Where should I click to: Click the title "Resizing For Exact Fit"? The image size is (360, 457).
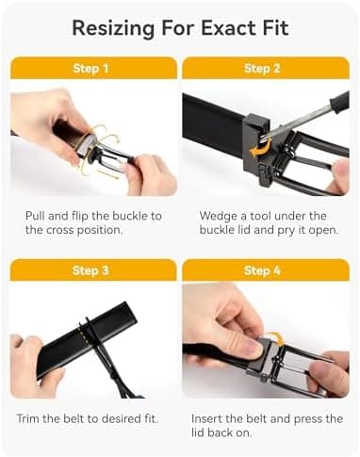179,27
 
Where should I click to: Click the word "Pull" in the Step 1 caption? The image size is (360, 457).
36,216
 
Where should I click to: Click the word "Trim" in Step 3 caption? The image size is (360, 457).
30,417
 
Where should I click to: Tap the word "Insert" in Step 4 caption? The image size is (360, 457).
209,417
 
